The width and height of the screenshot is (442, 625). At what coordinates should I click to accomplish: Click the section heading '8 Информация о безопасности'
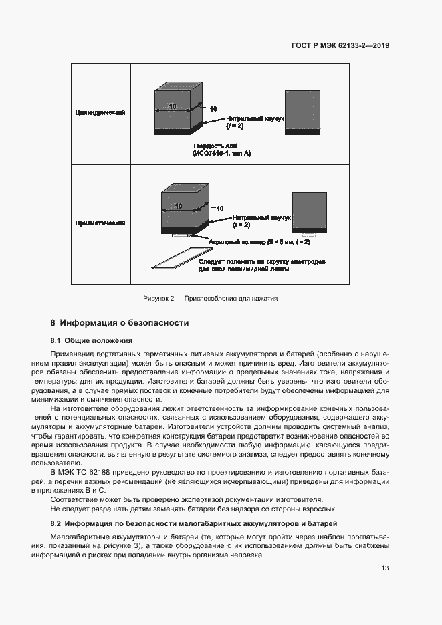(120, 323)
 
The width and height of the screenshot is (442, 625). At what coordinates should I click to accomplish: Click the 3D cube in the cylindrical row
(177, 110)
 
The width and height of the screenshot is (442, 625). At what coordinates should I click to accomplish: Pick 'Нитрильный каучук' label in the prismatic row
(262, 218)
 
